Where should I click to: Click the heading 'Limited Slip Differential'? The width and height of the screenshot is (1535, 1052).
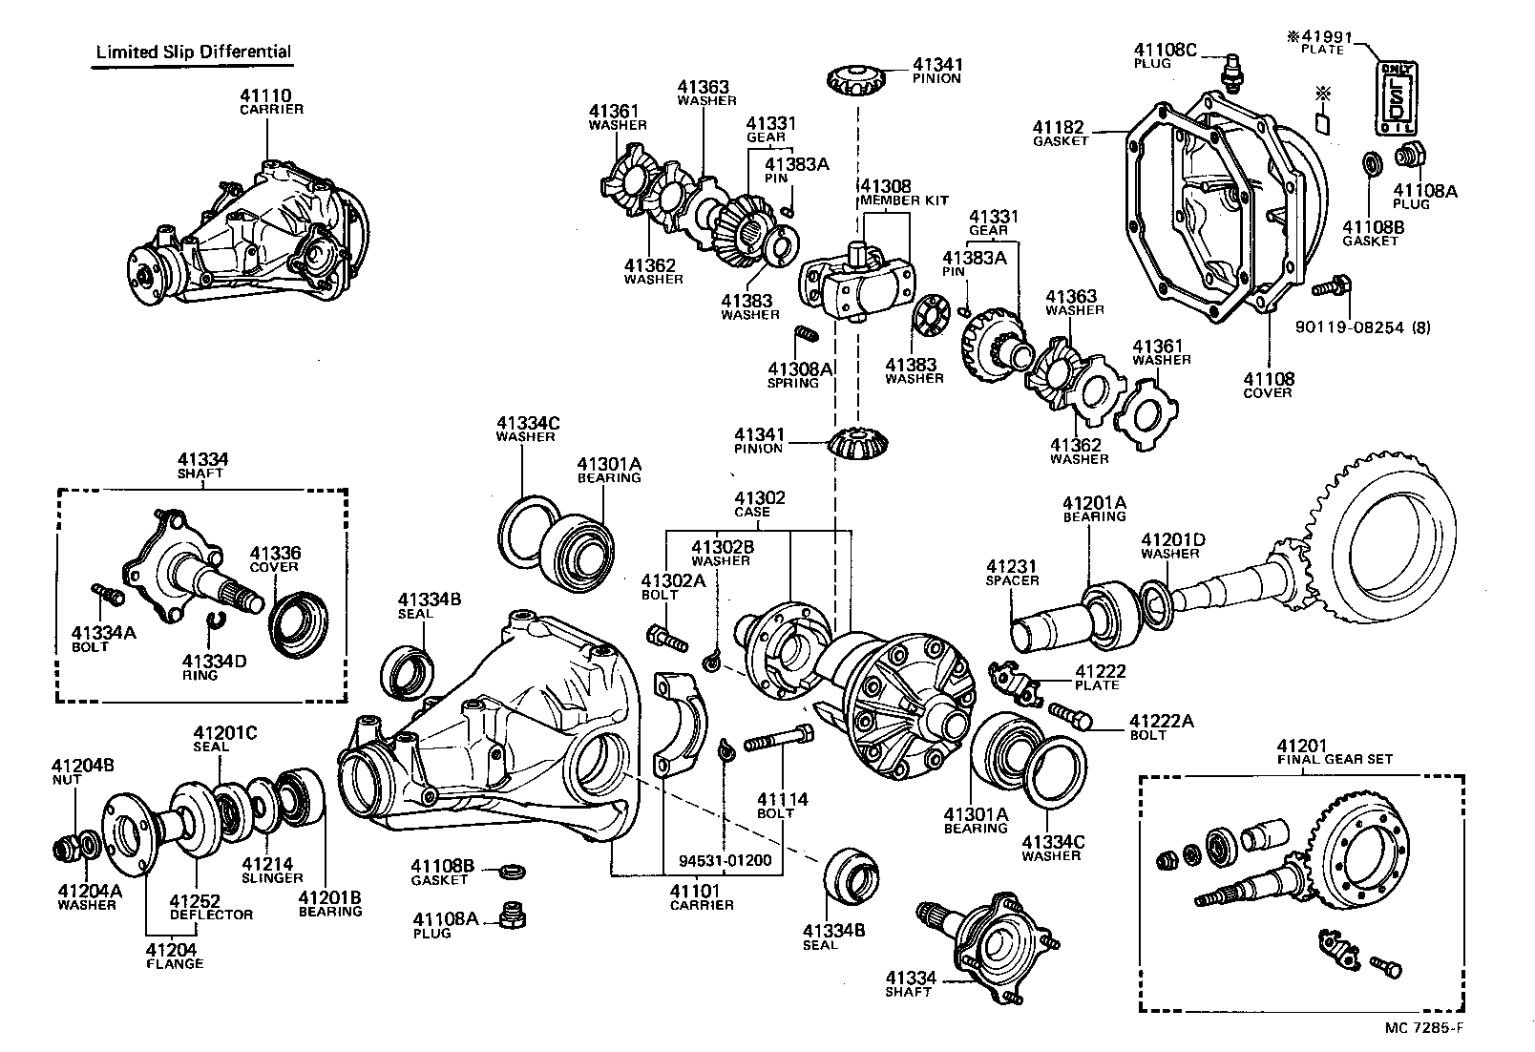193,53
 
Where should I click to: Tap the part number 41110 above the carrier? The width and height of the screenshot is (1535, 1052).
265,95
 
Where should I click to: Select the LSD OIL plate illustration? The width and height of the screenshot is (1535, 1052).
1396,98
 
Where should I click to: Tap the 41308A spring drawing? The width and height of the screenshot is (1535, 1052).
807,334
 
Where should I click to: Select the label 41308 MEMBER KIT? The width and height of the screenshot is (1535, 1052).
904,193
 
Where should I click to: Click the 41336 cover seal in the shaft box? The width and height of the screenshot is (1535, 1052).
298,623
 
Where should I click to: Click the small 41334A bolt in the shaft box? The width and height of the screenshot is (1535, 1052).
108,594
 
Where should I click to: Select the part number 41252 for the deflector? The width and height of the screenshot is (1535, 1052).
195,901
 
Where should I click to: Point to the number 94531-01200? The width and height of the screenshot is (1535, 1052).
725,860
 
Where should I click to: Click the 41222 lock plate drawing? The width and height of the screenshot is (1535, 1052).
1016,684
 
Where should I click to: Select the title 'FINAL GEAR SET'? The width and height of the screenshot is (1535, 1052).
1335,759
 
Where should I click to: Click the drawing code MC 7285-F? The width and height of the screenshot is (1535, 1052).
1424,1028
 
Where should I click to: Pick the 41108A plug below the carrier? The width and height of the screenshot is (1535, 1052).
513,915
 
